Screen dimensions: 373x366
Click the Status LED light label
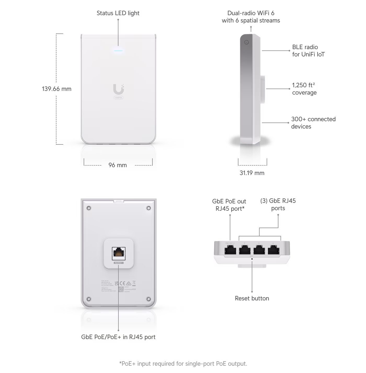(x=118, y=13)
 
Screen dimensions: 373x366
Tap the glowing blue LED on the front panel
(x=118, y=50)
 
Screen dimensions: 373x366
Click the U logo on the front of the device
(x=118, y=89)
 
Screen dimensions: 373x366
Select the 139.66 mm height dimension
(x=56, y=89)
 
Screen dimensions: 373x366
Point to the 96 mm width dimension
(x=118, y=165)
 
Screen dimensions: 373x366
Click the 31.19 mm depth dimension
(x=252, y=173)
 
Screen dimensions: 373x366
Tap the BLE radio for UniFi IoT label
(x=308, y=51)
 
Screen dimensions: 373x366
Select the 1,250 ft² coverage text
(x=304, y=89)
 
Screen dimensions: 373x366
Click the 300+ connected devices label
(x=313, y=123)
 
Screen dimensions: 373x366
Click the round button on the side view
(x=246, y=42)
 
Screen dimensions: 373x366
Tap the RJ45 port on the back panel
(x=119, y=253)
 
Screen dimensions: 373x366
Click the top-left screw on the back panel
(x=89, y=208)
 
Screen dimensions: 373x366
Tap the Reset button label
(x=252, y=298)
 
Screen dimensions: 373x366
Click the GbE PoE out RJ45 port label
(x=229, y=205)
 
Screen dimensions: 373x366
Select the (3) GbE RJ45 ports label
(x=278, y=205)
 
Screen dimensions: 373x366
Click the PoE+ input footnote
(x=183, y=364)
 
